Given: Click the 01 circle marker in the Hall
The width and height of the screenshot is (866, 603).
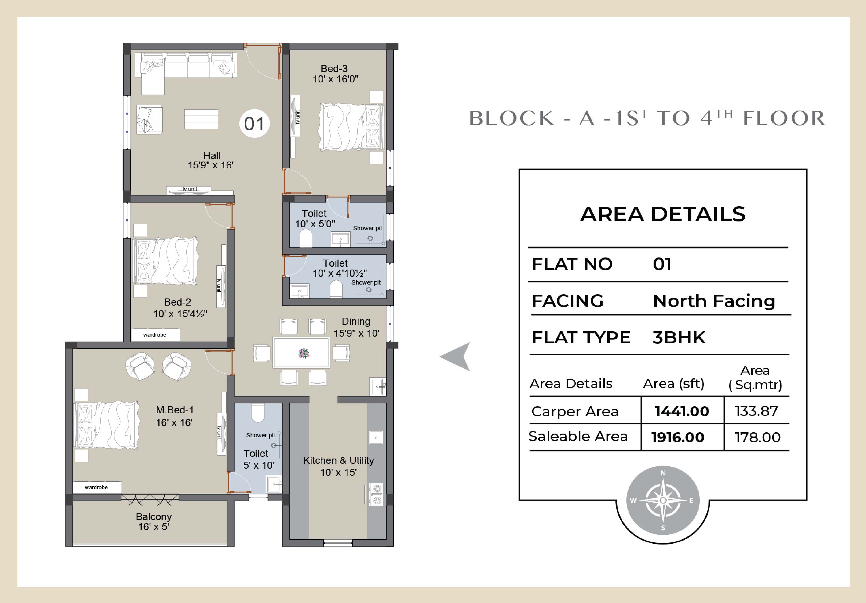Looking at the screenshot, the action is pyautogui.click(x=254, y=123).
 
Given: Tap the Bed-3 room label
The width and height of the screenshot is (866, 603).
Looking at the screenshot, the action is pyautogui.click(x=334, y=69).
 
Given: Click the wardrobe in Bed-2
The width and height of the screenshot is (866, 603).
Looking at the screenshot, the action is pyautogui.click(x=155, y=335).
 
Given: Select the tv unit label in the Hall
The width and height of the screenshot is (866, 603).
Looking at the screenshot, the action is pyautogui.click(x=190, y=189).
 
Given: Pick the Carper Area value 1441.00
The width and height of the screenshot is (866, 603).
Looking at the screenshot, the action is pyautogui.click(x=682, y=411).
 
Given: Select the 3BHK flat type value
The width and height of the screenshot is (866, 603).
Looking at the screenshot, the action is pyautogui.click(x=679, y=337).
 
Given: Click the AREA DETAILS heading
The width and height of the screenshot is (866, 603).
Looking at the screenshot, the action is pyautogui.click(x=663, y=214).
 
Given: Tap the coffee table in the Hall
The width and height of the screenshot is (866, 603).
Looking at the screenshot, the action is pyautogui.click(x=201, y=119).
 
